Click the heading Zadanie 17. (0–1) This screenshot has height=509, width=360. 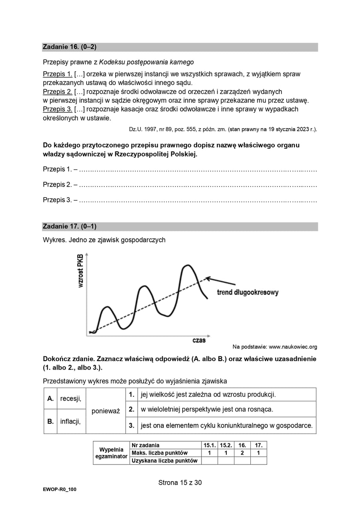coord(69,226)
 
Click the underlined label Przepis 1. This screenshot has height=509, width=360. coord(57,74)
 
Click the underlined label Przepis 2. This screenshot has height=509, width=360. coord(57,92)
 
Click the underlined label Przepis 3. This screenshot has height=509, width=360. coord(57,109)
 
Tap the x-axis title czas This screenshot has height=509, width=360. coord(198,340)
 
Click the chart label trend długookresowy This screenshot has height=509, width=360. coord(248,292)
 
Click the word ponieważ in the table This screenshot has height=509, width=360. coord(106,410)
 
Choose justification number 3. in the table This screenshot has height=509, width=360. coord(132,426)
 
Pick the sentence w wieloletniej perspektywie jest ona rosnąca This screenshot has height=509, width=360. coord(207,410)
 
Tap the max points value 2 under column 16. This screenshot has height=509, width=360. coord(242,453)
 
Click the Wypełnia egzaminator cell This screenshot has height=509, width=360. coord(111,453)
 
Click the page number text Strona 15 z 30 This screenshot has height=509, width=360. coord(180,482)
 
